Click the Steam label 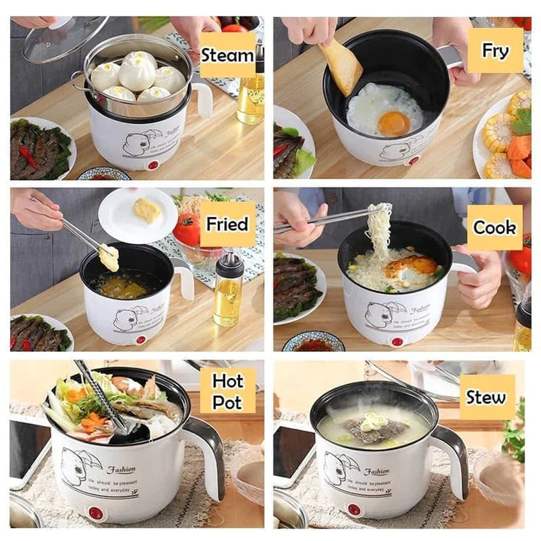click(x=227, y=55)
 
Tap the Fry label click(x=495, y=50)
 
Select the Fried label click(x=227, y=224)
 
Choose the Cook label click(x=494, y=227)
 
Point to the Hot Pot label click(x=227, y=390)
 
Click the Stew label click(x=486, y=397)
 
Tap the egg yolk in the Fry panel click(x=393, y=122)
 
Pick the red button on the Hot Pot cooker click(x=95, y=512)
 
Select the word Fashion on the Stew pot click(x=376, y=471)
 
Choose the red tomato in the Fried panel click(x=188, y=229)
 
